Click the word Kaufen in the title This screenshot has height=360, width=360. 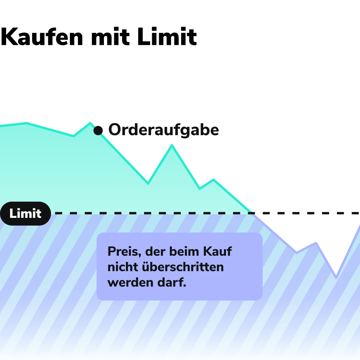pos(42,37)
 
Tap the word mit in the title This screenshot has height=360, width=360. pos(110,37)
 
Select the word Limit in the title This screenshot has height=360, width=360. pos(167,37)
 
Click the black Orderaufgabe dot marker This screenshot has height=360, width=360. pos(98,131)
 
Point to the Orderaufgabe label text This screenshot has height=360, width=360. pos(163,130)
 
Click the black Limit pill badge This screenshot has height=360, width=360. pos(25,214)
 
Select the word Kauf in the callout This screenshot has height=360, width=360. pos(217,251)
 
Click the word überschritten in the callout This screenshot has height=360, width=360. pos(183,267)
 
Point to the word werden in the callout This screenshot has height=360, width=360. pos(131,282)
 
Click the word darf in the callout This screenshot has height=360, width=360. pos(172,282)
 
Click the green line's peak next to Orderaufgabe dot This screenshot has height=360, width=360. pos(90,123)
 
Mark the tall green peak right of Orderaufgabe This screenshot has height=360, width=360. pos(172,145)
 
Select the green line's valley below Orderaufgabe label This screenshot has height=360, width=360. pos(148,183)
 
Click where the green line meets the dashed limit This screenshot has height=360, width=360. pos(251,213)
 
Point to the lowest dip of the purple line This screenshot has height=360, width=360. pos(336,277)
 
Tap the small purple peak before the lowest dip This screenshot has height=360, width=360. pos(316,243)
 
